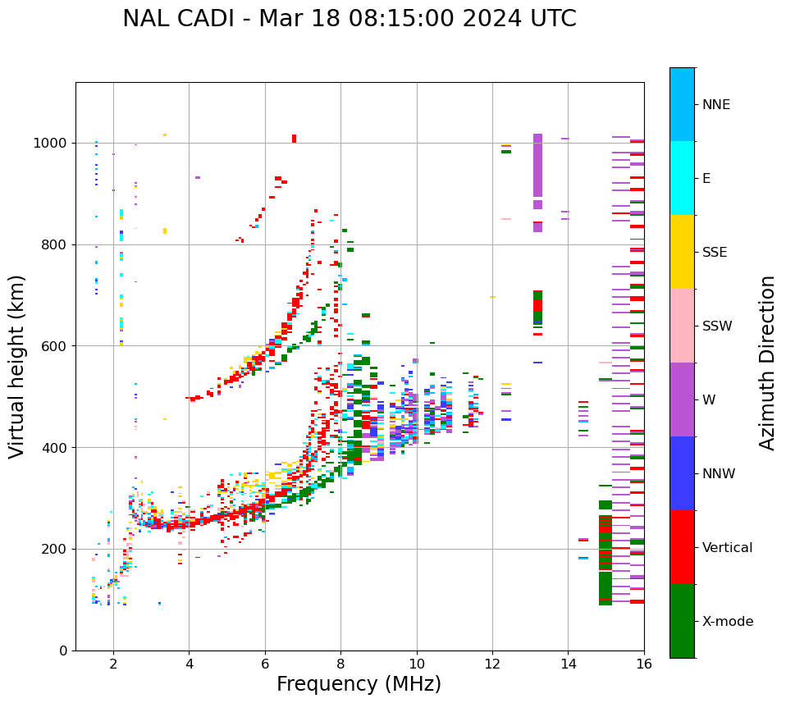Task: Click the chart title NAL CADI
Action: pos(349,19)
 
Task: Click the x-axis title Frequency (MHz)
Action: pos(359,684)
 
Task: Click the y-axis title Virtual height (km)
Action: pos(17,366)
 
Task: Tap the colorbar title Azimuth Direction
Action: pos(767,363)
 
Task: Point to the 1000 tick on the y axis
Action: pos(53,144)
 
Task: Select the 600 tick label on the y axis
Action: pos(57,346)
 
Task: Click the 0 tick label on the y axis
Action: pos(62,651)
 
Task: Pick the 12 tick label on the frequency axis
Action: pos(492,664)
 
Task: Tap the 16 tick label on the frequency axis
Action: pos(644,664)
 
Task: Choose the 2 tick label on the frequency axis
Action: pos(113,664)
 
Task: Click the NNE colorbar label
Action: pos(715,105)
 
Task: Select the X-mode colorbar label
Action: pos(728,622)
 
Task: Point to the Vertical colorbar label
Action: pos(727,548)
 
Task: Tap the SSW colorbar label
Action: pos(717,326)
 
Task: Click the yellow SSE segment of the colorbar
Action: pos(682,252)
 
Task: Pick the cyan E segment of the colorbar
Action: pos(682,178)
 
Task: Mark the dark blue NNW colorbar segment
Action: pos(682,473)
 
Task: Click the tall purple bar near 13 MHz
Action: pos(537,164)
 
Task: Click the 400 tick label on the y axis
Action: pos(57,448)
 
